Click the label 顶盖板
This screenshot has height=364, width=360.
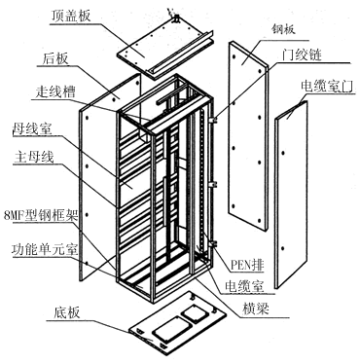tap(71, 16)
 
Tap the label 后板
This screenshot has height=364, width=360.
tap(55, 58)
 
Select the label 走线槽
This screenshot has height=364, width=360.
tap(55, 91)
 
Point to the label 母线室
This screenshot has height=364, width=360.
tap(32, 128)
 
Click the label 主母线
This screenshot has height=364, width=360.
tap(34, 157)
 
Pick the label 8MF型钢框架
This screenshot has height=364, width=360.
tap(40, 215)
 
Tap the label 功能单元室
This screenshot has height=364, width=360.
tap(45, 249)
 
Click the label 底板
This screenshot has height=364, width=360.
tap(67, 312)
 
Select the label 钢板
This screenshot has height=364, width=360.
tap(283, 30)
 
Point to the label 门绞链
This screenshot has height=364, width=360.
tap(302, 55)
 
